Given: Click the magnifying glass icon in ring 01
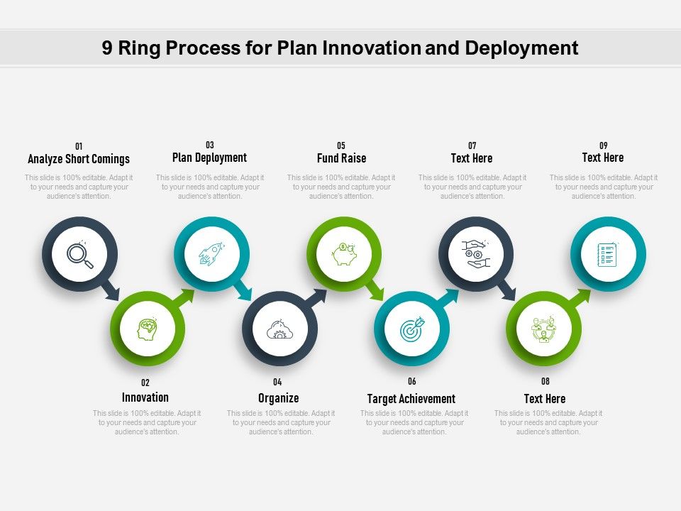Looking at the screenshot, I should point(79,255).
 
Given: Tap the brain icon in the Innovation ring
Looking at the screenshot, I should point(147,329).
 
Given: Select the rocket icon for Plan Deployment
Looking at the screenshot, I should point(211,254).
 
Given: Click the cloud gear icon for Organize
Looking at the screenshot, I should point(279,329).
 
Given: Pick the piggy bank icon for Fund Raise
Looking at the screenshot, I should point(344,254).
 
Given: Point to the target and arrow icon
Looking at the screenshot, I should point(411,329).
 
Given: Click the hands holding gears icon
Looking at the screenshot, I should point(475,254).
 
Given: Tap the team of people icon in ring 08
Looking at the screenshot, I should point(543,329).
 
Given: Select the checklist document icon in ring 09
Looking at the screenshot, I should point(607,254).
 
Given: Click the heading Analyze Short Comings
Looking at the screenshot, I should point(79,159).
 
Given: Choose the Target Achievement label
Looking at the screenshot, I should point(411,398).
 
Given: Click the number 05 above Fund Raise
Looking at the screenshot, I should point(341,145).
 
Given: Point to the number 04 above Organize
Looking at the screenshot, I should point(277,382).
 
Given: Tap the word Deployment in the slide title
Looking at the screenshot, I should point(521,48).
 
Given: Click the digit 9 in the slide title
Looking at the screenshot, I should point(107,48).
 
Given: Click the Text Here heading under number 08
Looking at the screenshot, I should point(545,398).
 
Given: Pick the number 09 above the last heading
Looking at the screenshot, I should point(603,145).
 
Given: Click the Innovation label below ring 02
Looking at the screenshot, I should point(145,397).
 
